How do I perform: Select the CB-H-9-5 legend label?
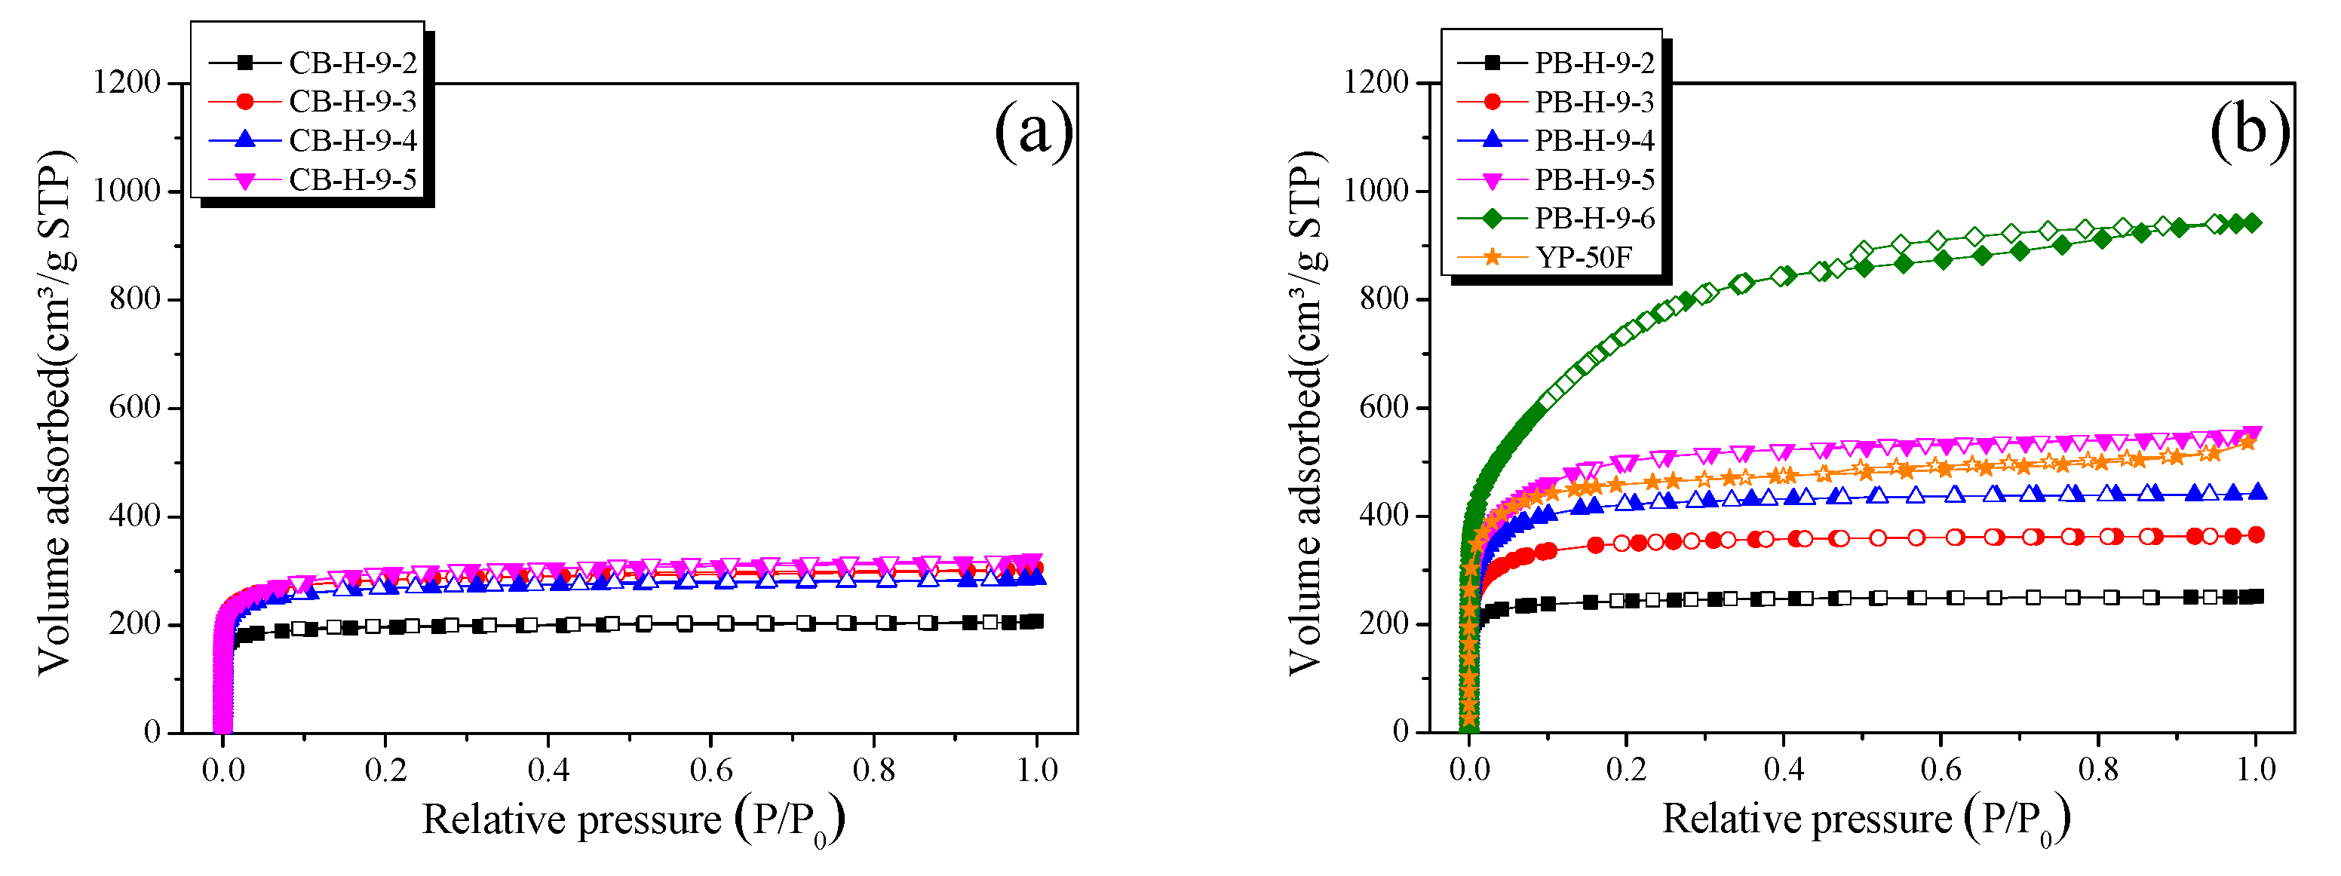pyautogui.click(x=353, y=180)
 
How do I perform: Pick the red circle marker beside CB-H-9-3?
pyautogui.click(x=244, y=101)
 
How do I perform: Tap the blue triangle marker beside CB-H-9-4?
pyautogui.click(x=244, y=140)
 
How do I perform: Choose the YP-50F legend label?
pyautogui.click(x=1583, y=257)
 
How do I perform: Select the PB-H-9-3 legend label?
pyautogui.click(x=1594, y=102)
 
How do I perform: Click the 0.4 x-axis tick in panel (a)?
pyautogui.click(x=548, y=770)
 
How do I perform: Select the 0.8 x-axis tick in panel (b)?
pyautogui.click(x=2097, y=770)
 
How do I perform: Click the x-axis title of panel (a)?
pyautogui.click(x=634, y=819)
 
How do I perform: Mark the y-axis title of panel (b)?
pyautogui.click(x=1306, y=413)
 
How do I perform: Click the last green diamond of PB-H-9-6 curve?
pyautogui.click(x=2253, y=222)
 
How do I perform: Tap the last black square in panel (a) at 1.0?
pyautogui.click(x=1035, y=621)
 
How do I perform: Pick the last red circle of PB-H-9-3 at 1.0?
pyautogui.click(x=2256, y=534)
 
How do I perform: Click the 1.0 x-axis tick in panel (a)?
pyautogui.click(x=1036, y=770)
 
